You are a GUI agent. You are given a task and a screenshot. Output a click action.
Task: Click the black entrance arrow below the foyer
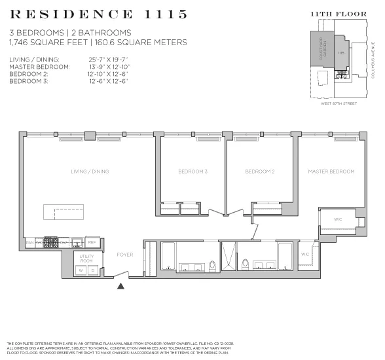[120, 285]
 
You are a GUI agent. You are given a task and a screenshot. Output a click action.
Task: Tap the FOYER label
[124, 254]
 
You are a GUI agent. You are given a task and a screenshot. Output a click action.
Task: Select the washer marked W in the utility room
[81, 270]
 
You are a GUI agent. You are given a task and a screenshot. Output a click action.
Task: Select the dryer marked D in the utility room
[92, 270]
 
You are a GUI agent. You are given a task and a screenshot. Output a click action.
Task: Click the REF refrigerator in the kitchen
[92, 242]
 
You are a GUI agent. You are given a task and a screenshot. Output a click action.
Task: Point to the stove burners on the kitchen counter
[51, 242]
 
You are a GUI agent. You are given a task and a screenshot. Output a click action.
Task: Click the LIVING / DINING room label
[90, 171]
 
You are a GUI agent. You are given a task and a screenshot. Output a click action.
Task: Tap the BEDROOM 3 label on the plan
[192, 171]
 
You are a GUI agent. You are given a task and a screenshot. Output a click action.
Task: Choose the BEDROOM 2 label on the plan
[259, 171]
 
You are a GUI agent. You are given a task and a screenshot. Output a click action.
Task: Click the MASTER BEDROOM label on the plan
[331, 171]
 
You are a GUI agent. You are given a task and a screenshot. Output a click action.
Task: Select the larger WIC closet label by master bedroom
[338, 219]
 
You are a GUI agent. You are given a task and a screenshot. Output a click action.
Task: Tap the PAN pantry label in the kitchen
[29, 242]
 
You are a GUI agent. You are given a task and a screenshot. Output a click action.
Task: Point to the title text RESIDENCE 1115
[99, 14]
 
